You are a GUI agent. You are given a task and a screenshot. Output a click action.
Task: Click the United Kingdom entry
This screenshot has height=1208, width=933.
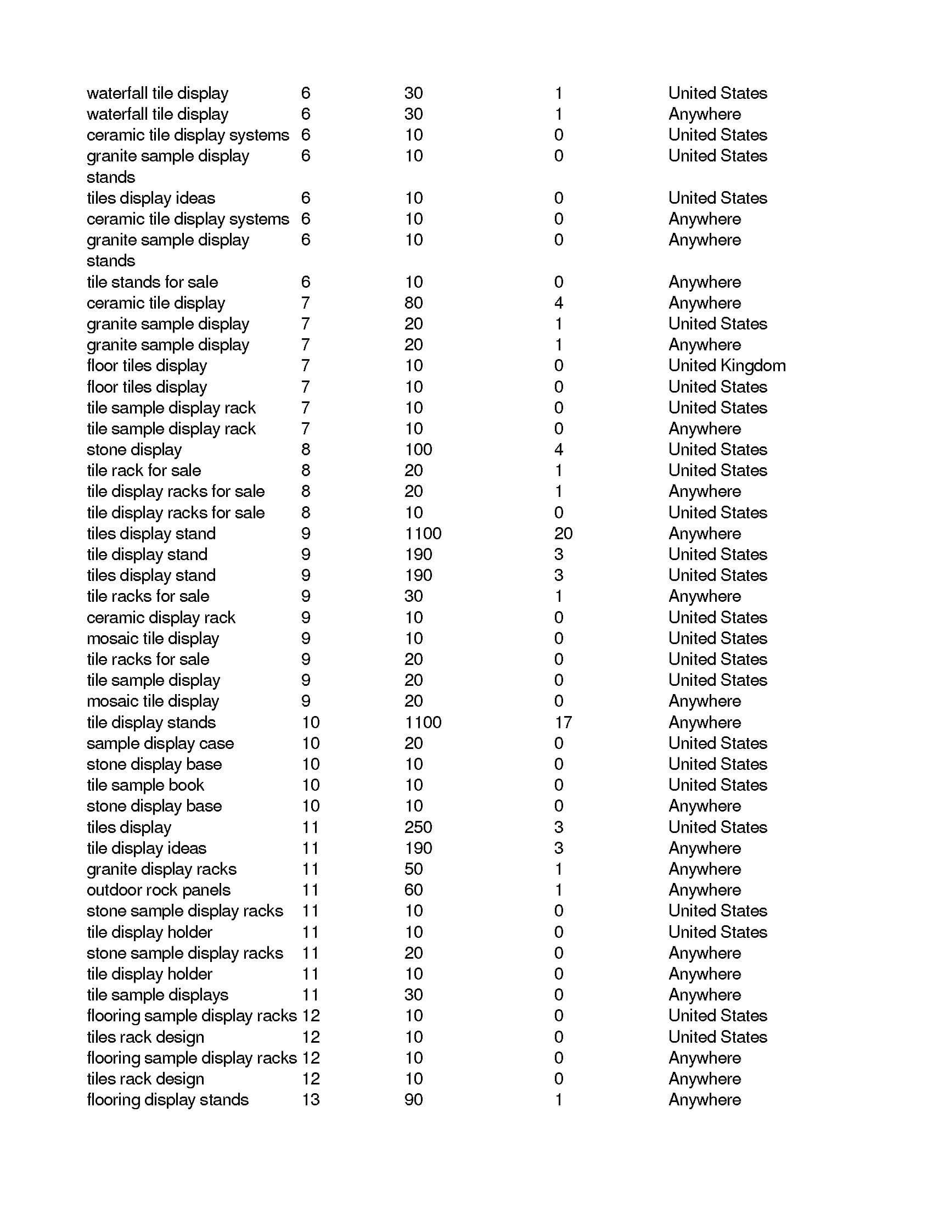pyautogui.click(x=726, y=366)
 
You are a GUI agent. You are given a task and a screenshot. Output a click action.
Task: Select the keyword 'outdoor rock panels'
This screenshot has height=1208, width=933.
pyautogui.click(x=158, y=890)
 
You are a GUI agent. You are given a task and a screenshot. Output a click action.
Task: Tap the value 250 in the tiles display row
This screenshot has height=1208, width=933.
pyautogui.click(x=418, y=827)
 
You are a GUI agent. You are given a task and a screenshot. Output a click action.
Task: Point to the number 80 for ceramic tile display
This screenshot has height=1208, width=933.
pyautogui.click(x=413, y=303)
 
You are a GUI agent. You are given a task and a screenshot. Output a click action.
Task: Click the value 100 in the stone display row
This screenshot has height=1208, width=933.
pyautogui.click(x=418, y=449)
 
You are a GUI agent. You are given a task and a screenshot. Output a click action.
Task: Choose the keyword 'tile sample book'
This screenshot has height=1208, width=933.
pyautogui.click(x=145, y=785)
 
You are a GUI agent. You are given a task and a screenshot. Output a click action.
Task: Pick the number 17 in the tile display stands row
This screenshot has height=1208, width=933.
pyautogui.click(x=563, y=723)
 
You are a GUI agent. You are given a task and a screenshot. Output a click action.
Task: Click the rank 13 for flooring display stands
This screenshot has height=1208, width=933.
pyautogui.click(x=311, y=1100)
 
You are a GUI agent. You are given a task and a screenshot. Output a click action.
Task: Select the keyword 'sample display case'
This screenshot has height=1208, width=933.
pyautogui.click(x=160, y=743)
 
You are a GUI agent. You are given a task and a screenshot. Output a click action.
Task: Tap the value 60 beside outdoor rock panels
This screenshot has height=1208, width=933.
pyautogui.click(x=413, y=890)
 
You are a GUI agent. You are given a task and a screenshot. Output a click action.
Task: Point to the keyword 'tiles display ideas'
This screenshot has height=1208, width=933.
pyautogui.click(x=150, y=198)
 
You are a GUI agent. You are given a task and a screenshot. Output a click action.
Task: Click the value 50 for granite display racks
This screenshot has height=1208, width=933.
pyautogui.click(x=413, y=869)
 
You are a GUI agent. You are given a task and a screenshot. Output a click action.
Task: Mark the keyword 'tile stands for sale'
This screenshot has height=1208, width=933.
pyautogui.click(x=152, y=282)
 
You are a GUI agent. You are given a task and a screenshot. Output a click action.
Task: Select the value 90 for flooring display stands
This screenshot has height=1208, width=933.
pyautogui.click(x=413, y=1100)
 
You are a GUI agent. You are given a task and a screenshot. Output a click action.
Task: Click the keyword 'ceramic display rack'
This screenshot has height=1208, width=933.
pyautogui.click(x=161, y=617)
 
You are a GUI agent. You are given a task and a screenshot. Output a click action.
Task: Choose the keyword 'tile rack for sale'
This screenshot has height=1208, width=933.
pyautogui.click(x=144, y=470)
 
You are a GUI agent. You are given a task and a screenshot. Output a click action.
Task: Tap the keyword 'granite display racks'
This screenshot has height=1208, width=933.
pyautogui.click(x=161, y=869)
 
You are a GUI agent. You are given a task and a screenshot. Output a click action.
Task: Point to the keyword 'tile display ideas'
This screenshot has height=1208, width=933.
pyautogui.click(x=146, y=848)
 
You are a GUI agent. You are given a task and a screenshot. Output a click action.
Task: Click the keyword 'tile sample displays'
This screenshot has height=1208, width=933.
pyautogui.click(x=157, y=994)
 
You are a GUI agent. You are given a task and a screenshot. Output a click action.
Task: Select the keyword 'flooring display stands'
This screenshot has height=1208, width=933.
pyautogui.click(x=167, y=1100)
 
